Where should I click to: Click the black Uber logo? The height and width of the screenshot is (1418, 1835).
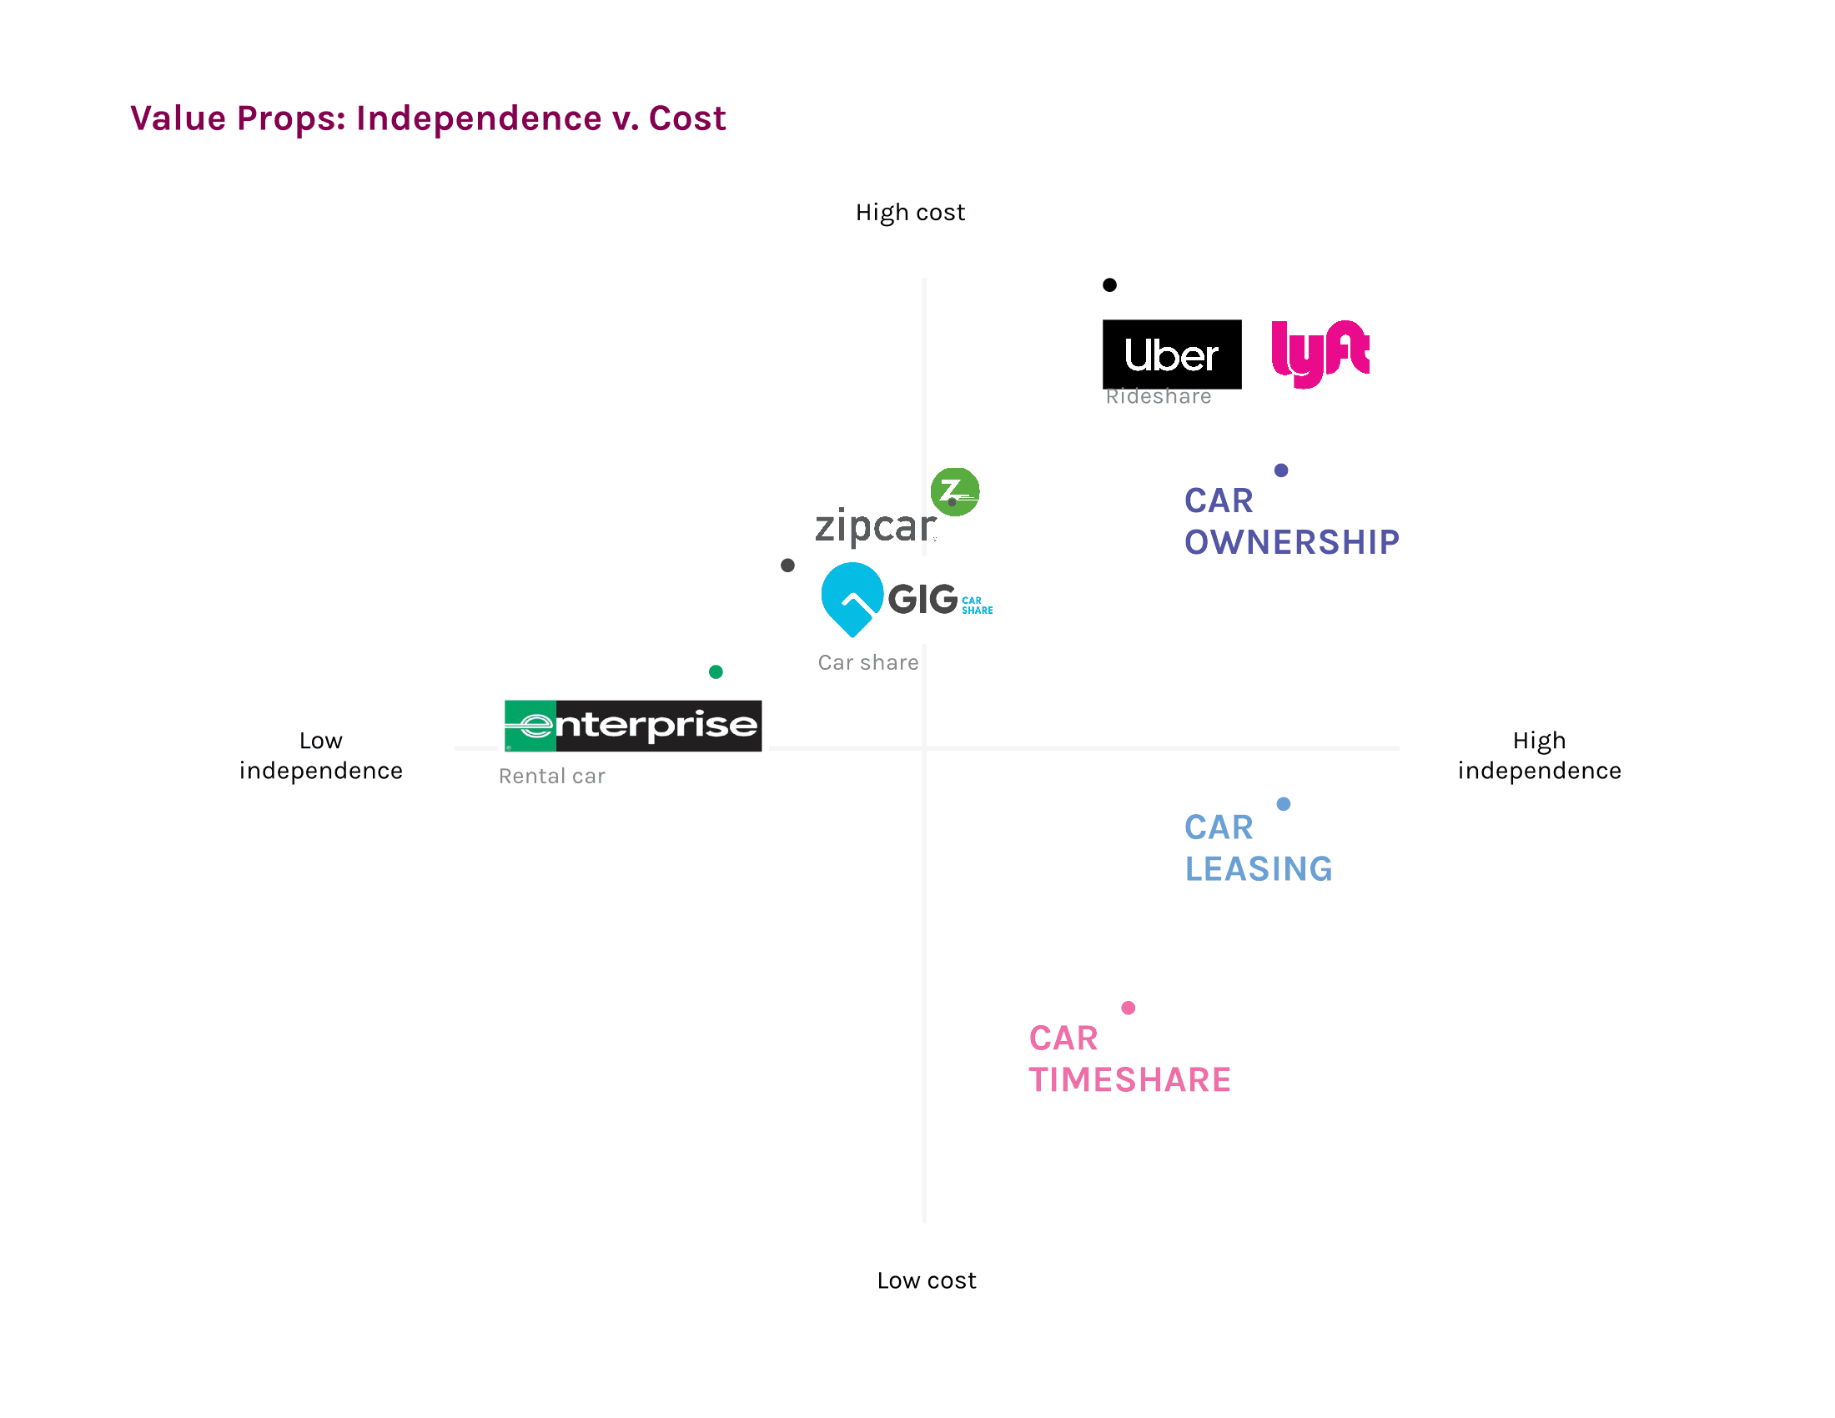coord(1171,354)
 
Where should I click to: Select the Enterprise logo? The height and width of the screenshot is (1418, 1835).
coord(633,725)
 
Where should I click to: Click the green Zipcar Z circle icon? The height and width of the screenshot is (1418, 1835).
coord(954,491)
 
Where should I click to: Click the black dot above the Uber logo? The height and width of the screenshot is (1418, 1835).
coord(1109,284)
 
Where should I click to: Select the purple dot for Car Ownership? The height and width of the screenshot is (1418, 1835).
coord(1280,470)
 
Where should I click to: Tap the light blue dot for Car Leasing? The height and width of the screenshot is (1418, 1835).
coord(1283,804)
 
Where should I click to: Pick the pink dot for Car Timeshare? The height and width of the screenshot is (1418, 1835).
coord(1128,1008)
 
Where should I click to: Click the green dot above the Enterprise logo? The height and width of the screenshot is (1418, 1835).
coord(716,671)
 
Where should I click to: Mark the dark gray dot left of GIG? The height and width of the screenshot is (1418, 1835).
coord(787,566)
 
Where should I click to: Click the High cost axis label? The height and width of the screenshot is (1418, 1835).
coord(910,213)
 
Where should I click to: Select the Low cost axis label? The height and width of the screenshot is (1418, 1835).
coord(926,1280)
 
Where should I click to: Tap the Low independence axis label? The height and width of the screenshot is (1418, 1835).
coord(321,755)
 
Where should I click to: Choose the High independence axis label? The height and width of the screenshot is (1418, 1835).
coord(1538,755)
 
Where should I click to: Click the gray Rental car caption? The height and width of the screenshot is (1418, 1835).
coord(551,777)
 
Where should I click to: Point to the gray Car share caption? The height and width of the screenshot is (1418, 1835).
coord(868,663)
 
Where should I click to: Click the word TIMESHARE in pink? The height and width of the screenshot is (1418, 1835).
coord(1129,1079)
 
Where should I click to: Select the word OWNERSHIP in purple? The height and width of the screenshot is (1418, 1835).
coord(1291,542)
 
